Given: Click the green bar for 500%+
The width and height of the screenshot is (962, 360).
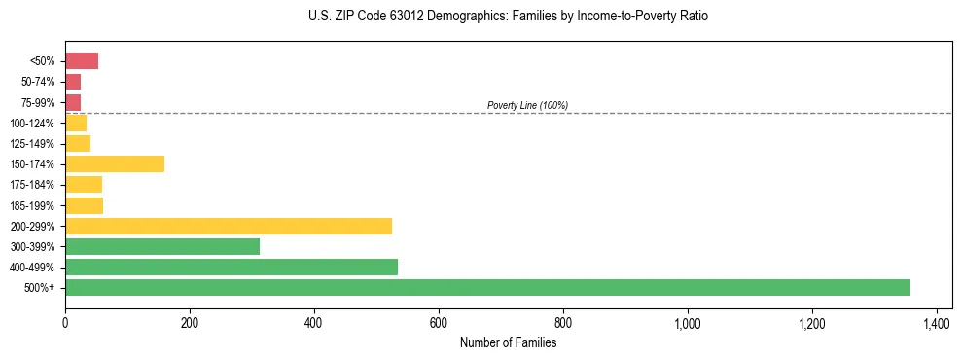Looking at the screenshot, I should pyautogui.click(x=487, y=287).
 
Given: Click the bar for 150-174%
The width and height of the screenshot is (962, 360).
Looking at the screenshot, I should pyautogui.click(x=115, y=164).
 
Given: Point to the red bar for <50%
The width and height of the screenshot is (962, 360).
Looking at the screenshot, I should pyautogui.click(x=82, y=61).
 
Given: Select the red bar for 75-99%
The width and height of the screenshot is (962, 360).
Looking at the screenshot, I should pyautogui.click(x=73, y=102).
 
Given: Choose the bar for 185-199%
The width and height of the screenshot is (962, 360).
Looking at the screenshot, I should pyautogui.click(x=84, y=205).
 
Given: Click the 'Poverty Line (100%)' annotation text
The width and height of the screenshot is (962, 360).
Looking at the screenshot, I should pyautogui.click(x=527, y=105).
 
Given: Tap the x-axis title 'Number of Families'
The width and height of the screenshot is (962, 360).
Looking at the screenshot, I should pyautogui.click(x=509, y=342).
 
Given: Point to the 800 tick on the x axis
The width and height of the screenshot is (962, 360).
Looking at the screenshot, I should pyautogui.click(x=563, y=322).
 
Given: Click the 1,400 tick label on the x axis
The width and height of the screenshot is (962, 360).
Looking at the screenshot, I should pyautogui.click(x=937, y=322).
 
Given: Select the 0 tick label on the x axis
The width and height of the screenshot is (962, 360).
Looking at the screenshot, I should pyautogui.click(x=65, y=322).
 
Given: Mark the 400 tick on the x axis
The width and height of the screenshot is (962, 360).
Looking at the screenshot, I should pyautogui.click(x=314, y=322).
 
